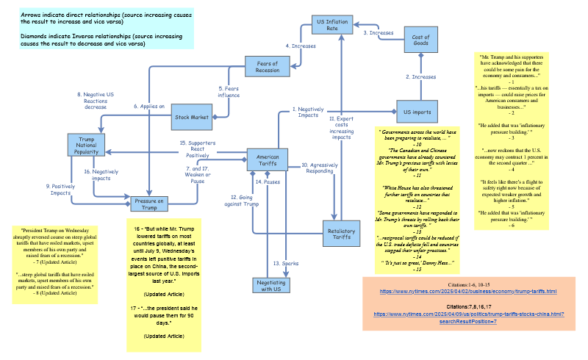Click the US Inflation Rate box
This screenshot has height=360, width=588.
[x=332, y=24]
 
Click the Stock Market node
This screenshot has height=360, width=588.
[x=191, y=116]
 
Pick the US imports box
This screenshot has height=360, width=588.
[x=417, y=112]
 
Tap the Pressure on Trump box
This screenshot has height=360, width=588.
[x=149, y=204]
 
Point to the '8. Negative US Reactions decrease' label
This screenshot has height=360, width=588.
[x=96, y=101]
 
